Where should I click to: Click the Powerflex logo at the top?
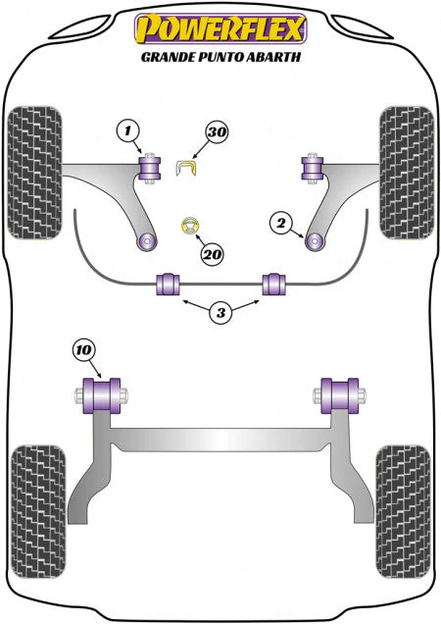[220, 28]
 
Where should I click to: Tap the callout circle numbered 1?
[127, 130]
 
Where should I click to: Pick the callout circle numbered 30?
[217, 131]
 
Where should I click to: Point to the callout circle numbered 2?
[280, 223]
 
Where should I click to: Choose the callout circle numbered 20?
[212, 254]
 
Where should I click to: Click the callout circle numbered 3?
[220, 313]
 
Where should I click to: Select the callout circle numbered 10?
[84, 350]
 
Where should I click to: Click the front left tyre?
[34, 173]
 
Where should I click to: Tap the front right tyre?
[407, 173]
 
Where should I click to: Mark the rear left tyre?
[38, 512]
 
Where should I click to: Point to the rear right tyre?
[403, 512]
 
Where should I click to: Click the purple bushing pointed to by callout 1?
[150, 169]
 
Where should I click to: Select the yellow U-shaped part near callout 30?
[186, 168]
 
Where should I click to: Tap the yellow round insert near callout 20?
[190, 226]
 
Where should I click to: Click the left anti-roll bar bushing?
[168, 284]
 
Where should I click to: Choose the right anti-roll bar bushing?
[274, 284]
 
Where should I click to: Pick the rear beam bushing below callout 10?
[101, 395]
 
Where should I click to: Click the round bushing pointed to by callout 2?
[315, 241]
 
